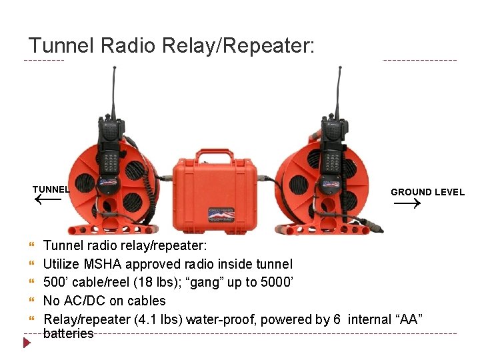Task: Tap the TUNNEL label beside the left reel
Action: click(x=51, y=189)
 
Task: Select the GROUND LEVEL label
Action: click(x=427, y=192)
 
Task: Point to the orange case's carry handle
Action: click(x=204, y=157)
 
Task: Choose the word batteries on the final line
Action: click(x=68, y=334)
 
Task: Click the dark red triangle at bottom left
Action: click(x=27, y=343)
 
